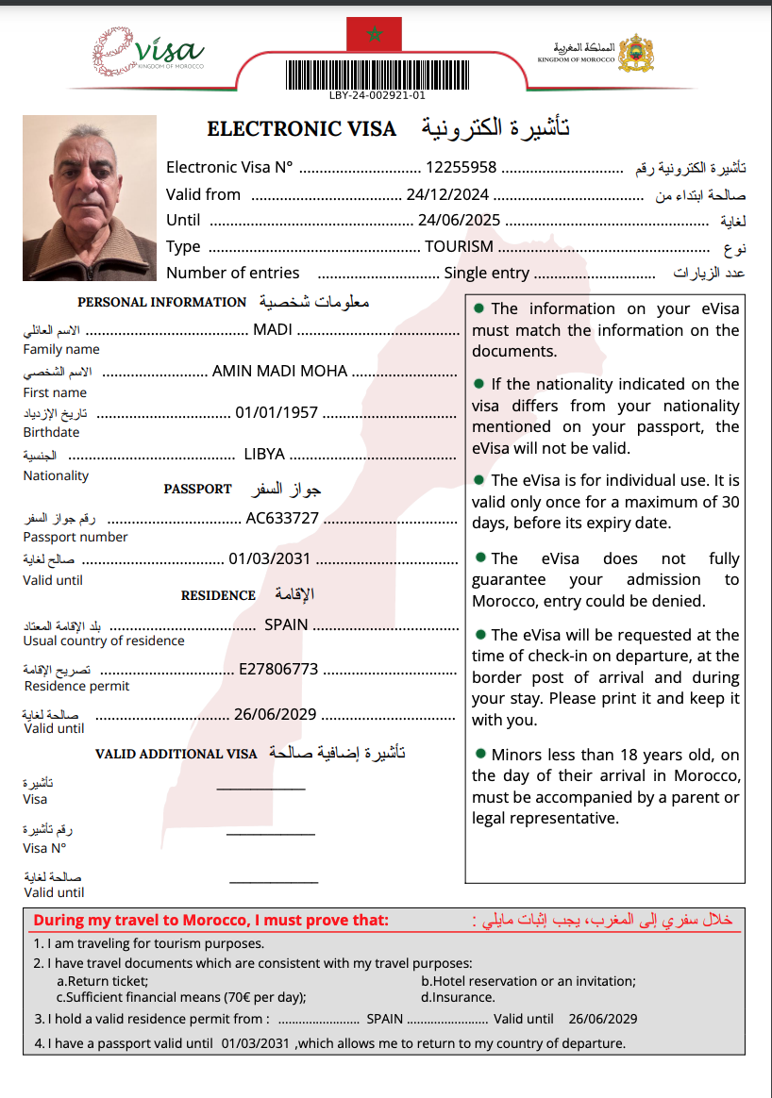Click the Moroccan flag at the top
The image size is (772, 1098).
coord(375,35)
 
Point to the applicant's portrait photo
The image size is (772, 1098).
coord(90,197)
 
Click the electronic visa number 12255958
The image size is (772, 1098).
coord(462,168)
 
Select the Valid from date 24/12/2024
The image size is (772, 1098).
coord(447,194)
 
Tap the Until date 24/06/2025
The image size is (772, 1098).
coord(459,221)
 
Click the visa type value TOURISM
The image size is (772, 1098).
coord(459,247)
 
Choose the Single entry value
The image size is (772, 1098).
coord(487,274)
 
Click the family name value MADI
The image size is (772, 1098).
coord(273,330)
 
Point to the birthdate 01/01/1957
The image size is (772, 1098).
coord(277,412)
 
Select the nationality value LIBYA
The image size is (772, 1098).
coord(264,454)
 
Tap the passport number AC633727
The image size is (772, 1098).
coord(282,518)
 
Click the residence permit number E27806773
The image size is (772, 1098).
coord(278,669)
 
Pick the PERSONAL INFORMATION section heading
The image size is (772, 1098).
coord(161,303)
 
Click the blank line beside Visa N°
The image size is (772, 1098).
coord(271,834)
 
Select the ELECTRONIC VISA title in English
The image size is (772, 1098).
coord(302,129)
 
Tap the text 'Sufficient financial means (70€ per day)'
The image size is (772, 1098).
coord(181,997)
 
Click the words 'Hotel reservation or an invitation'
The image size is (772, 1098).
coord(529,981)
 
